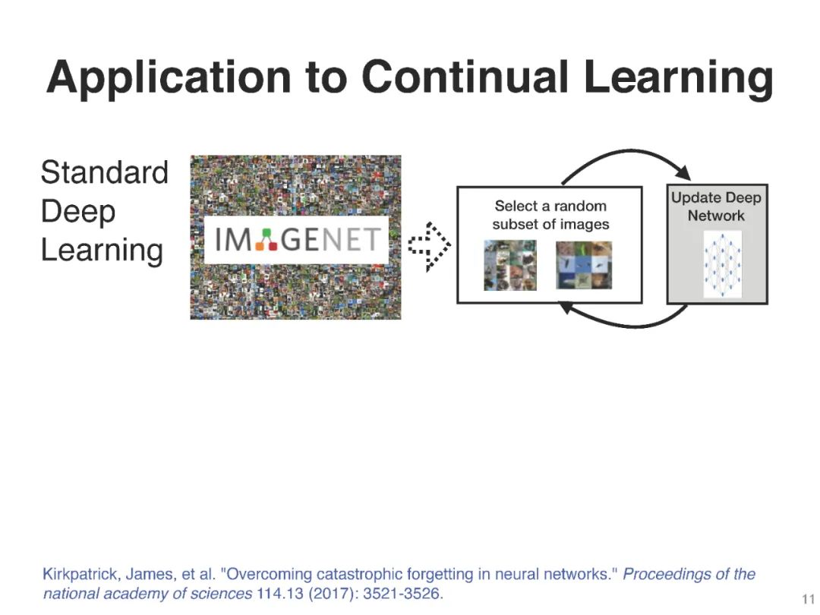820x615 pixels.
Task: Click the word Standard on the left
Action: [104, 172]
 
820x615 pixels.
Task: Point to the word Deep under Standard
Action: [77, 211]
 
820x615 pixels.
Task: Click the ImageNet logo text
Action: [296, 240]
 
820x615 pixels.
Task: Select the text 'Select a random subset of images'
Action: [550, 214]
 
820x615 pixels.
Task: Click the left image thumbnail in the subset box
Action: [509, 265]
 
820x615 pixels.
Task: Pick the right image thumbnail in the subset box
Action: [583, 265]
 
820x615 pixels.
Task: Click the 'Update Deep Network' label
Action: [716, 207]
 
